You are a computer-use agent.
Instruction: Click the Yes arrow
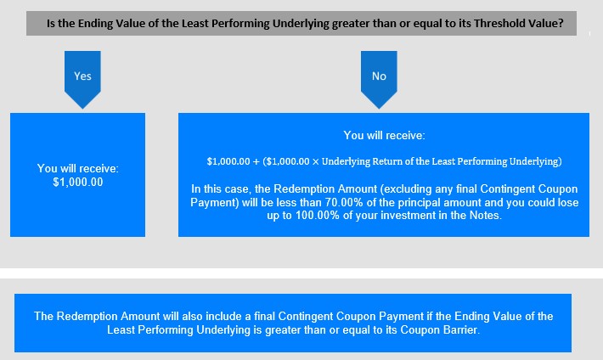82,79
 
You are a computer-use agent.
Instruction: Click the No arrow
379,79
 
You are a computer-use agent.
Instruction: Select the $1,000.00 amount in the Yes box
78,182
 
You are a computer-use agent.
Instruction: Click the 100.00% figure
318,215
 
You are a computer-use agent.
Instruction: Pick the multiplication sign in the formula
315,161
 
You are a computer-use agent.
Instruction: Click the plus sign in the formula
256,161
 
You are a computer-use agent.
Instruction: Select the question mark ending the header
561,24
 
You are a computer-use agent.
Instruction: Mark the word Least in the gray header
194,24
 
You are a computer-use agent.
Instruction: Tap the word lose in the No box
567,202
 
